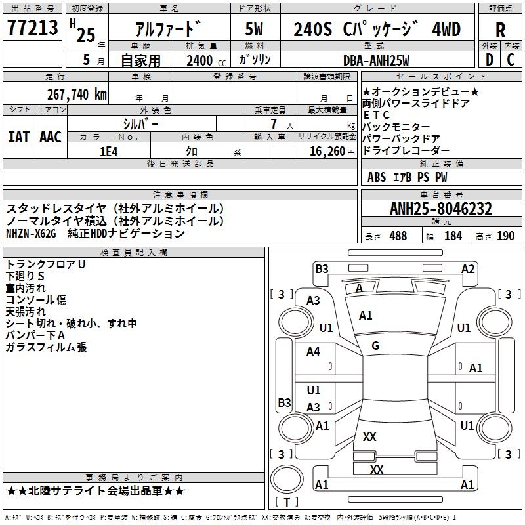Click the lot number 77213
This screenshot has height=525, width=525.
[32, 28]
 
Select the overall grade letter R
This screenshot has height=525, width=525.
[500, 30]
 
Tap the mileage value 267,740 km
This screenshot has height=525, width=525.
[77, 94]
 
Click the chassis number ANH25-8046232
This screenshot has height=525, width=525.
[441, 209]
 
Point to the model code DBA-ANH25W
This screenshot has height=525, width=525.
[376, 60]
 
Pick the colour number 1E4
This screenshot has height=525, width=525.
[109, 152]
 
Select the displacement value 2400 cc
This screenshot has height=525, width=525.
[206, 60]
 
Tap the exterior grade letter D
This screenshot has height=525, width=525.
[490, 60]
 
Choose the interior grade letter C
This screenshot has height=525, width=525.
[511, 60]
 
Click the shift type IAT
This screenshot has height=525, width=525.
[18, 137]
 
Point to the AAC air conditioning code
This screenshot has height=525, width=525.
[51, 137]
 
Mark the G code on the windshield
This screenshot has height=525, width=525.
[375, 346]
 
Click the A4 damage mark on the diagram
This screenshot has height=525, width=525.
[313, 352]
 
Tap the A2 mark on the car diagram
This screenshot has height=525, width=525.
[468, 269]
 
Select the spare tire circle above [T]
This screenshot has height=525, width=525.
[287, 479]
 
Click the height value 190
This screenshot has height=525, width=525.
[505, 236]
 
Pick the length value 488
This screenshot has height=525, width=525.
[398, 236]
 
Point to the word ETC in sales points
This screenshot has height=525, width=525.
[376, 115]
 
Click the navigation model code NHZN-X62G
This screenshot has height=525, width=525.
[31, 234]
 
